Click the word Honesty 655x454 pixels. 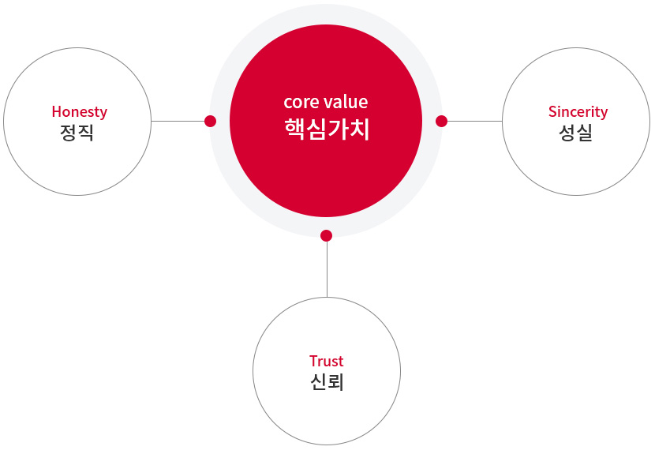(x=80, y=112)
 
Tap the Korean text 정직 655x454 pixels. (x=77, y=133)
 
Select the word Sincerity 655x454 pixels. (x=578, y=112)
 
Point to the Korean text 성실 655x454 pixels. (x=575, y=133)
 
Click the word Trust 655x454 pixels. (x=327, y=361)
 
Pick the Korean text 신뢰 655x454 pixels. (x=327, y=381)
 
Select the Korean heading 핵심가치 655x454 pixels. (x=327, y=129)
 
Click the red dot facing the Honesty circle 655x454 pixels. (x=211, y=122)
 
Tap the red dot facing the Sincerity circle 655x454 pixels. (x=442, y=122)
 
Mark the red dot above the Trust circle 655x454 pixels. (x=326, y=236)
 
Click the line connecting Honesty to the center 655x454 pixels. (x=178, y=122)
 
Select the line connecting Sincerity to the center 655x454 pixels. (x=474, y=122)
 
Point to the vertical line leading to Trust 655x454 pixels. (x=327, y=269)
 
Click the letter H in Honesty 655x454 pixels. (x=56, y=111)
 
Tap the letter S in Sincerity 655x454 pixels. (x=553, y=111)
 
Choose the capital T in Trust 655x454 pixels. (x=314, y=361)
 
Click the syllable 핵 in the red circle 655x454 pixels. (x=294, y=129)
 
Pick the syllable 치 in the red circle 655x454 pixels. (x=359, y=129)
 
